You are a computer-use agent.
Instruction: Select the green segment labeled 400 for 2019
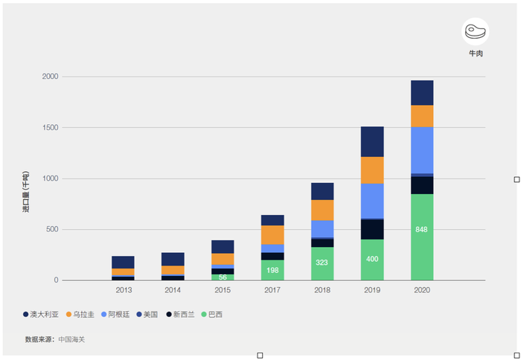(x=372, y=260)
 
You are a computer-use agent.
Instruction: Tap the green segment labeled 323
(x=322, y=263)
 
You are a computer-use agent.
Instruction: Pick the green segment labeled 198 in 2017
(x=272, y=270)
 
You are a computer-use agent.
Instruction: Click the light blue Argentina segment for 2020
(x=421, y=150)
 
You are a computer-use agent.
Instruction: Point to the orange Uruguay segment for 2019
(x=372, y=170)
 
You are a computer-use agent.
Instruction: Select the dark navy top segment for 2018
(x=322, y=191)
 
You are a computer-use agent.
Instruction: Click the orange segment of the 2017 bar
(x=272, y=235)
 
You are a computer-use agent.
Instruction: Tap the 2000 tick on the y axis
(x=51, y=77)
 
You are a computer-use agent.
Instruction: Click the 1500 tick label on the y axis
(x=51, y=128)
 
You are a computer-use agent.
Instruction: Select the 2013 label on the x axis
(x=124, y=290)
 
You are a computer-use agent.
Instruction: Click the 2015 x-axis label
(x=223, y=290)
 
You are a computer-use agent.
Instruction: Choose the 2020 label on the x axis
(x=421, y=290)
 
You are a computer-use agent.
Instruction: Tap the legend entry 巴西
(x=212, y=315)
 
